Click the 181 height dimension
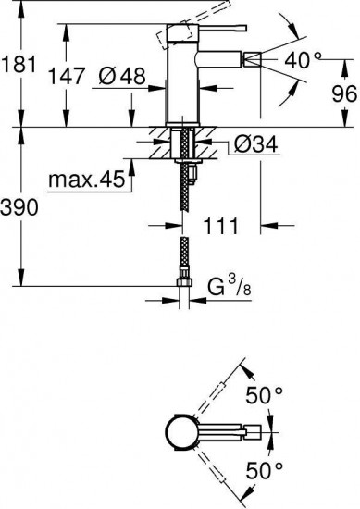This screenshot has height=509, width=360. (x=19, y=64)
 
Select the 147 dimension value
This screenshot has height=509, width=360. (x=67, y=76)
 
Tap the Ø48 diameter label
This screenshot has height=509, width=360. (x=122, y=77)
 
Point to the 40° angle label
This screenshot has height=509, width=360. (x=304, y=60)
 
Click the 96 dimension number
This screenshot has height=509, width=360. (x=344, y=94)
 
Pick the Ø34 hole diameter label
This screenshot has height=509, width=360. (x=255, y=144)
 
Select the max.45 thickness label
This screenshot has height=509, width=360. (x=87, y=179)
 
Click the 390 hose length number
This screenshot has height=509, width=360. (x=19, y=207)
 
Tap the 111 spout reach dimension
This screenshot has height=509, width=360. (x=220, y=225)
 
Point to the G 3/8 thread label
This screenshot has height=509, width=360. (x=230, y=286)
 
